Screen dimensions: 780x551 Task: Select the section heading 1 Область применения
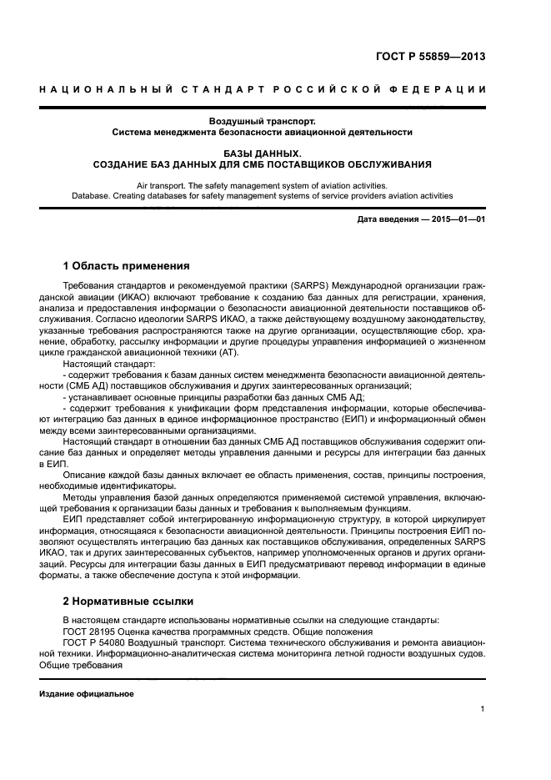(x=127, y=266)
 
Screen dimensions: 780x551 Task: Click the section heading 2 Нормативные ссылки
(x=128, y=600)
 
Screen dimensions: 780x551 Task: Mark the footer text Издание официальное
(x=87, y=694)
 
